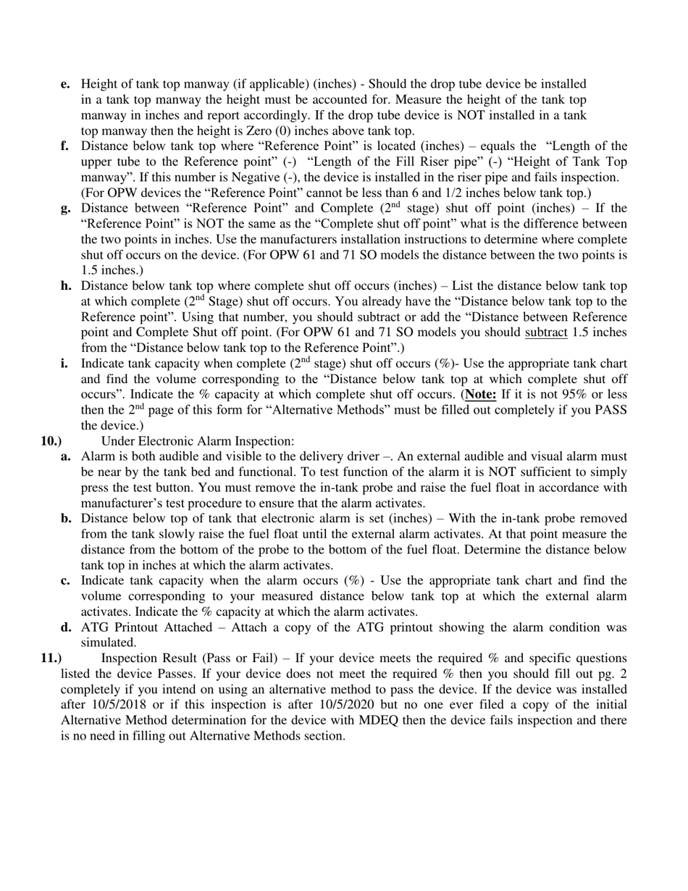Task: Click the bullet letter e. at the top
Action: (65, 84)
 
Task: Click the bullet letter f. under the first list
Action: (65, 146)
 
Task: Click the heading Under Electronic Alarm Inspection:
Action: (198, 441)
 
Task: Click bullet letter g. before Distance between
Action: (66, 209)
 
